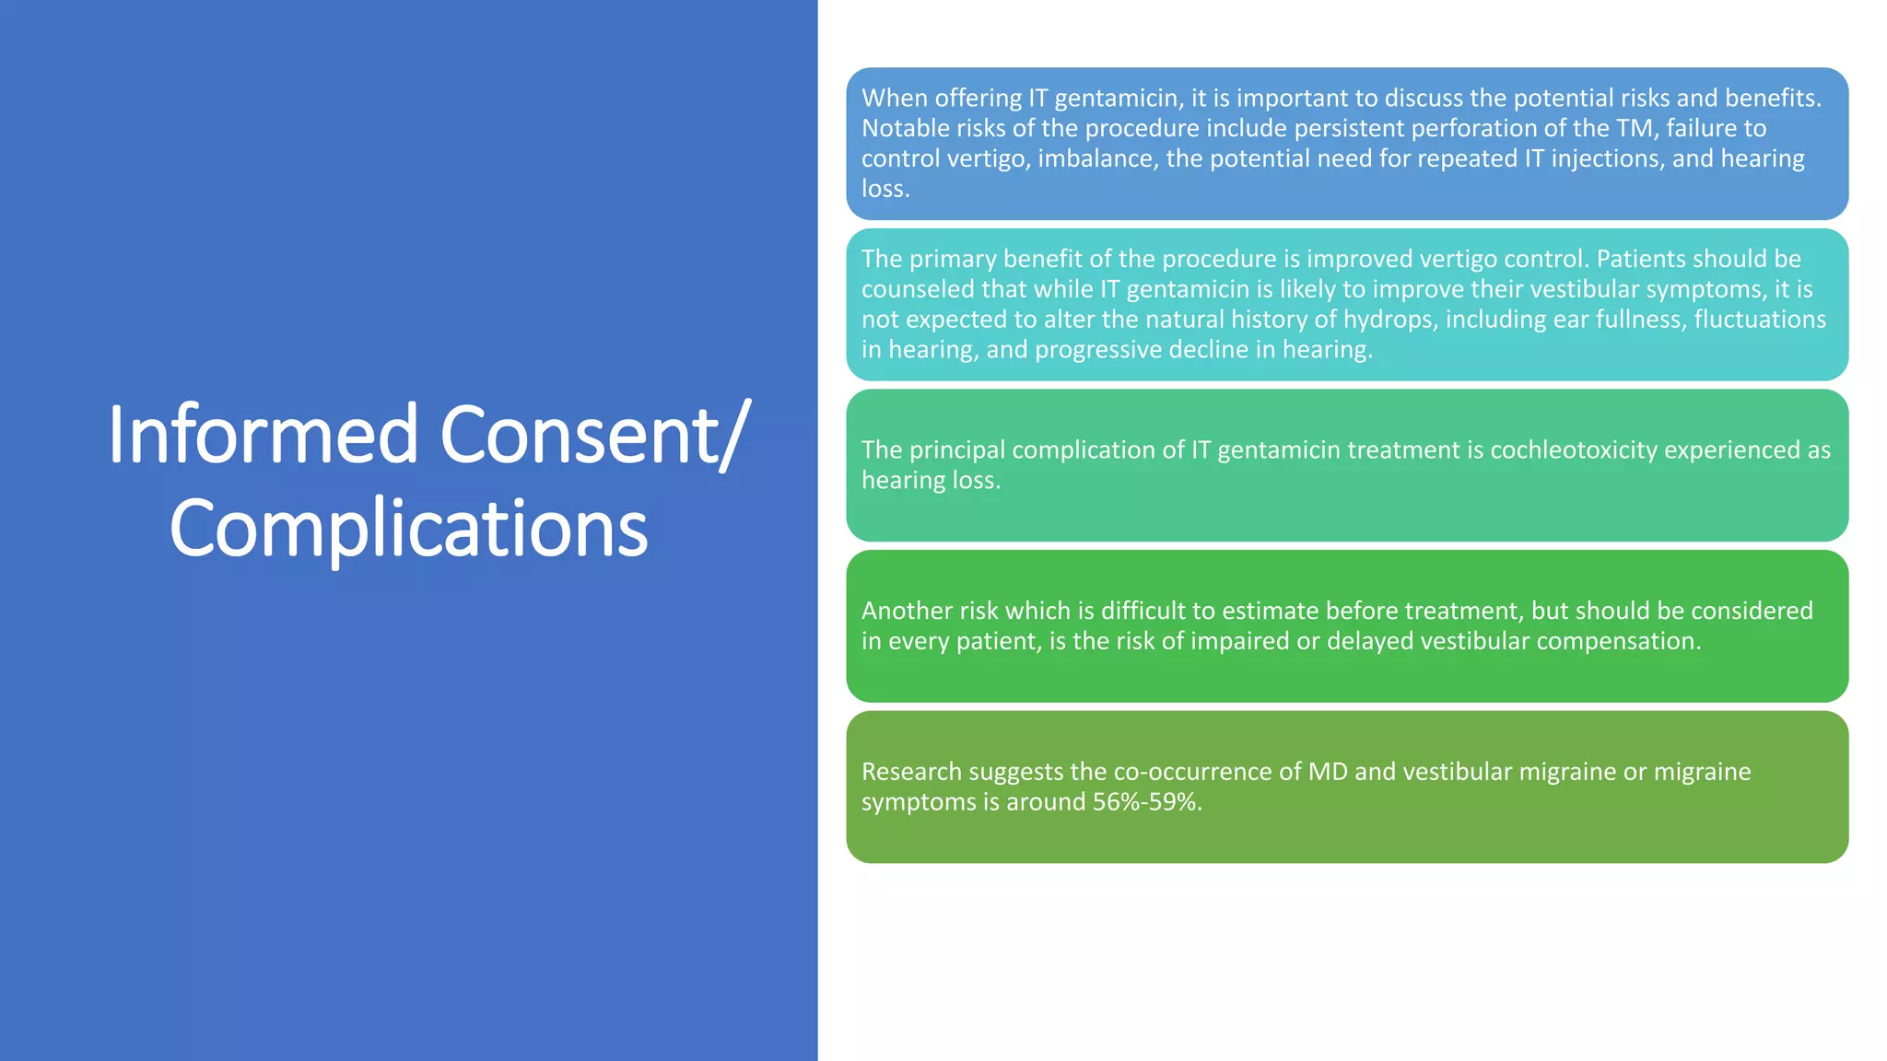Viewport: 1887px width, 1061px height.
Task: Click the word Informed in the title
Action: click(x=264, y=435)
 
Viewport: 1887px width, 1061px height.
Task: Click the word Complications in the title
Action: click(x=408, y=529)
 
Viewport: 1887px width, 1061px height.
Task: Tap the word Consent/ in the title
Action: click(x=595, y=435)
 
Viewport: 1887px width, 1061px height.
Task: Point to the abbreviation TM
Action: click(x=1635, y=128)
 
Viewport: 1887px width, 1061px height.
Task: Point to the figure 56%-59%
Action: click(x=1147, y=802)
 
